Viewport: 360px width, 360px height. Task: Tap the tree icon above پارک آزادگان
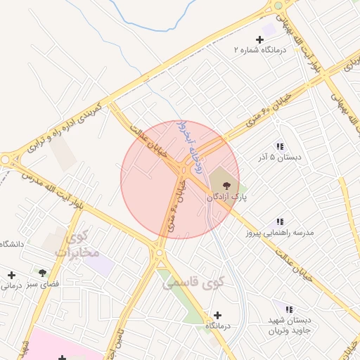[x=215, y=185]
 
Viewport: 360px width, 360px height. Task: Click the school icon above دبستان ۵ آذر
[x=280, y=146]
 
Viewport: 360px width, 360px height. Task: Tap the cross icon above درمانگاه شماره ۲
[x=259, y=39]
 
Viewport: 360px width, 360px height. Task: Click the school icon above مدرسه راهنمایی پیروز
[x=280, y=221]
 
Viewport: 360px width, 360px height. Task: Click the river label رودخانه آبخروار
[x=184, y=138]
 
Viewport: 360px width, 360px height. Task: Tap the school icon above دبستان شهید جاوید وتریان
[x=289, y=308]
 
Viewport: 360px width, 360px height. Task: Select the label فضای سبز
[x=42, y=285]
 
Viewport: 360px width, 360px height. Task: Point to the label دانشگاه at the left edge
[x=12, y=243]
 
